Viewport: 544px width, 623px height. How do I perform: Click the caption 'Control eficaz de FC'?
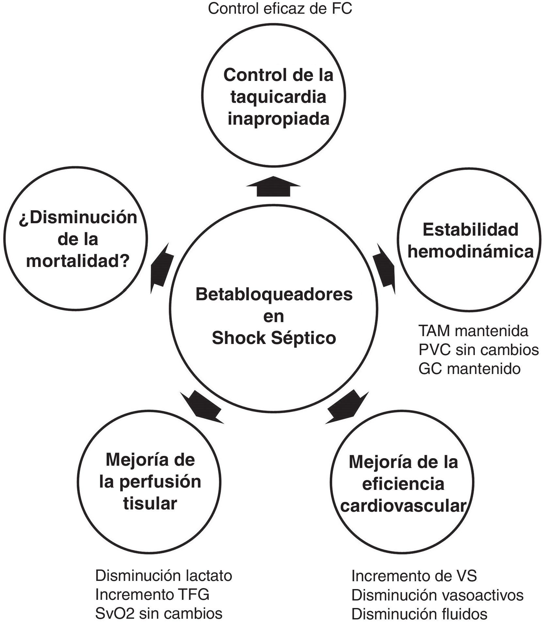click(x=280, y=9)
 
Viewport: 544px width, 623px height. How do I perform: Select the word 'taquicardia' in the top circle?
click(x=278, y=97)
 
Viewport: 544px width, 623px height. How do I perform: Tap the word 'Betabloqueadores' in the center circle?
click(x=274, y=294)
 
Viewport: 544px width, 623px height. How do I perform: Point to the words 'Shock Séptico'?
click(x=274, y=338)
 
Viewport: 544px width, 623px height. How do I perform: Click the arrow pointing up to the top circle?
click(x=273, y=186)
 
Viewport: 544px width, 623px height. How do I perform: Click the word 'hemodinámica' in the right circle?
click(x=470, y=252)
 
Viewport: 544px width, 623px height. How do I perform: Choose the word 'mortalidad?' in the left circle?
click(x=78, y=261)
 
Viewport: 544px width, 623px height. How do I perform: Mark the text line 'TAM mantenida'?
click(x=473, y=331)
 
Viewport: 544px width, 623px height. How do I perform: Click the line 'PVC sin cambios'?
click(x=478, y=350)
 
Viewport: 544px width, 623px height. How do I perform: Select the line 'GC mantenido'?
click(x=469, y=369)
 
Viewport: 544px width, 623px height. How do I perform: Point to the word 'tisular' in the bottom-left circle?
click(x=150, y=504)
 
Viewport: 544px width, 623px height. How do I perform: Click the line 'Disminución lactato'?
click(x=163, y=576)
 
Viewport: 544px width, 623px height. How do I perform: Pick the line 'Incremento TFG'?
click(x=152, y=595)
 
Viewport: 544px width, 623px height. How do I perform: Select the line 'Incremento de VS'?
click(x=414, y=576)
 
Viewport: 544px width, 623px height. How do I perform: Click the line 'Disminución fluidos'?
click(x=419, y=614)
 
